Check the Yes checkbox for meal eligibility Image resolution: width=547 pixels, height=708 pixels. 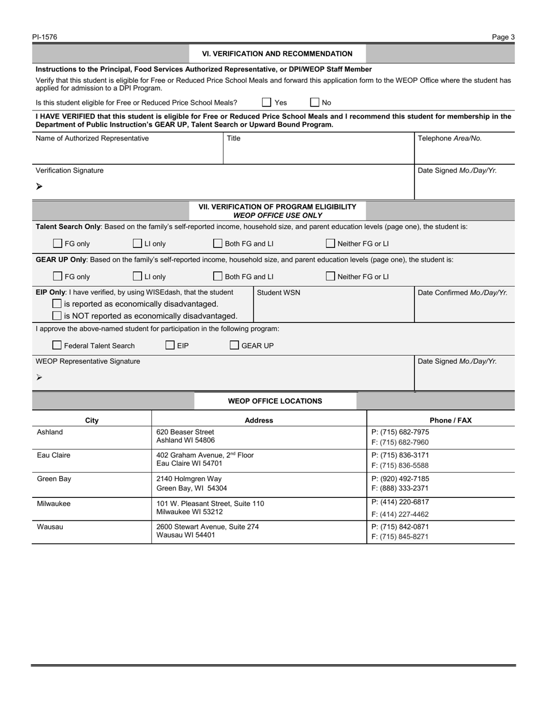267,102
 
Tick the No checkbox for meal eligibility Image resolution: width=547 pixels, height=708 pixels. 314,102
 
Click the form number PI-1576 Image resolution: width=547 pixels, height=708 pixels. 44,37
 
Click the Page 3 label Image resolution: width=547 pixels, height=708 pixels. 503,37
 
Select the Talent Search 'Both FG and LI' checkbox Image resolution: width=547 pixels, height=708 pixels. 218,243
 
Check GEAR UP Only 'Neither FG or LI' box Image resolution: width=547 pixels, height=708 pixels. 331,276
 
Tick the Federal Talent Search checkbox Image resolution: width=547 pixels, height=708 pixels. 57,345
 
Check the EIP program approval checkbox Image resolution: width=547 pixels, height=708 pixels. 170,345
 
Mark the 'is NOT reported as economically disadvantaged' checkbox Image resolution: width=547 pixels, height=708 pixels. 57,315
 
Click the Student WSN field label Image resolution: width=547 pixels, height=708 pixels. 278,292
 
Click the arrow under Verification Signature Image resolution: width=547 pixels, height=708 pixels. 39,186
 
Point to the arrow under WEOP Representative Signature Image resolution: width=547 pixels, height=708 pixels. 39,377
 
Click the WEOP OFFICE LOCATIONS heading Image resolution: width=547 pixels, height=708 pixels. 275,401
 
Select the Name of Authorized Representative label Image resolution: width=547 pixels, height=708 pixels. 92,138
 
